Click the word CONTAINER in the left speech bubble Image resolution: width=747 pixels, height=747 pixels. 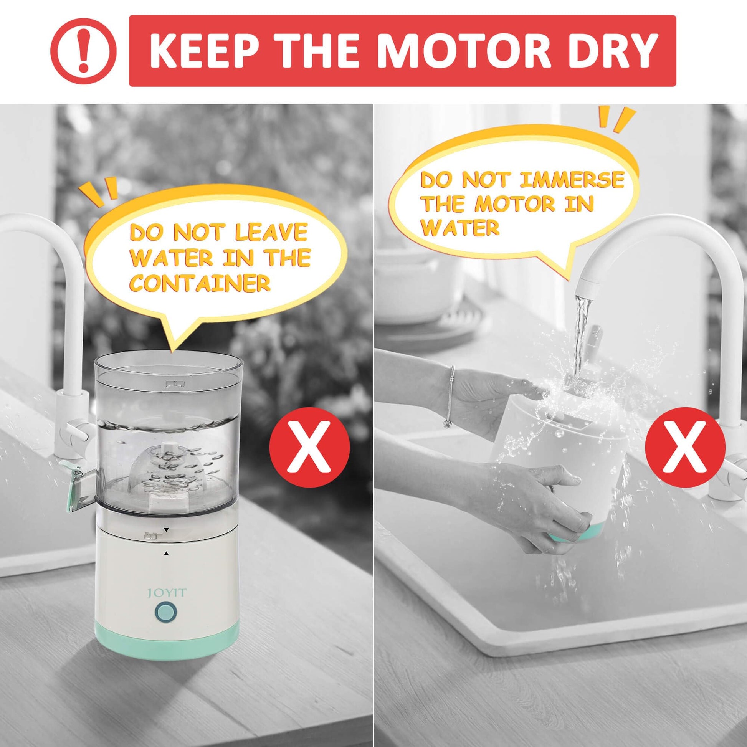point(200,283)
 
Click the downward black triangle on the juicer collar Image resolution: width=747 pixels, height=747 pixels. point(167,529)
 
